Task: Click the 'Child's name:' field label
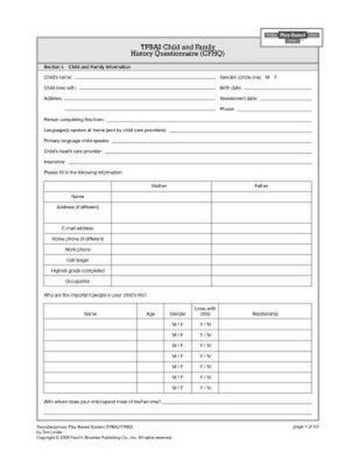click(57, 78)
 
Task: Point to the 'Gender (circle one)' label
click(239, 78)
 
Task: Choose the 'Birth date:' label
click(230, 88)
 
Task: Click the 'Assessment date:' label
click(236, 98)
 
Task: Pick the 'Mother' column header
click(160, 184)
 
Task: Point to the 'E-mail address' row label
click(77, 229)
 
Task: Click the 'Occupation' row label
click(77, 280)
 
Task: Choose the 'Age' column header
click(150, 314)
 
